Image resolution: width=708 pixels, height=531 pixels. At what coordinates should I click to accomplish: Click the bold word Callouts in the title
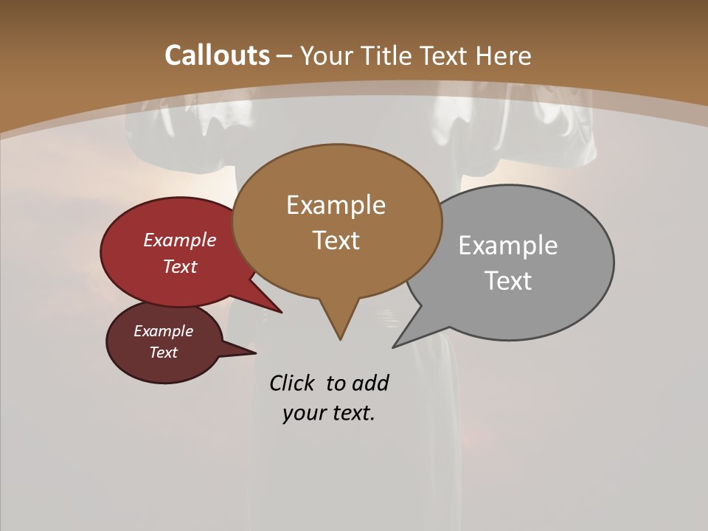pos(217,55)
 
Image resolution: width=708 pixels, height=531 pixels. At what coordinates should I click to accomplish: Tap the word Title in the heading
pos(386,55)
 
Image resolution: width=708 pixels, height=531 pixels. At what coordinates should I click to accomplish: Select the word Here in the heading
pos(504,55)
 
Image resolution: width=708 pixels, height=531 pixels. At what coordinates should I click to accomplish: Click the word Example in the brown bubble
pos(336,204)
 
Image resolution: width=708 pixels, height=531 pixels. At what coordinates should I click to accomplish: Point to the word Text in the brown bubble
pos(336,240)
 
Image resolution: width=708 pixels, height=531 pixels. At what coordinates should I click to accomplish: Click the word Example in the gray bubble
pos(507,245)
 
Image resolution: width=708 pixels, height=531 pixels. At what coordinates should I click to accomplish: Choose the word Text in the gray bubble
pos(509,280)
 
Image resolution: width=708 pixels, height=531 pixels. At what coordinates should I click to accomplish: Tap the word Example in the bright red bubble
pos(179,240)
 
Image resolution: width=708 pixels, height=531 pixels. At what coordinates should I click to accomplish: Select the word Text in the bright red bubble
pos(179,266)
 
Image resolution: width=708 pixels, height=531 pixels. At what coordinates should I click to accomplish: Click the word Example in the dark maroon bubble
pos(163,331)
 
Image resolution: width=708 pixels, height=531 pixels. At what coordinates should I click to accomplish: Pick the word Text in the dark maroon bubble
pos(163,353)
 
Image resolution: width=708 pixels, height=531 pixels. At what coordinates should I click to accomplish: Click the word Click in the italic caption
pos(291,383)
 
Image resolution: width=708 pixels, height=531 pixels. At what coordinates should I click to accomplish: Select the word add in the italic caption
pos(370,383)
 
